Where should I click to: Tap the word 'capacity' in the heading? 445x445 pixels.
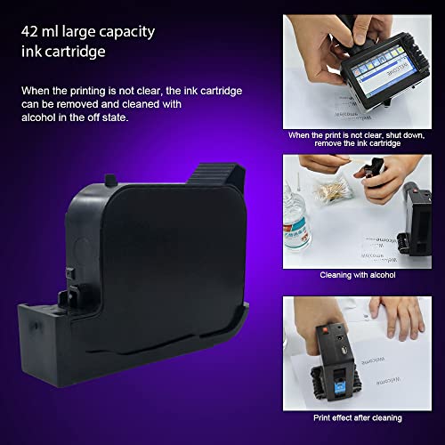(125, 33)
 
